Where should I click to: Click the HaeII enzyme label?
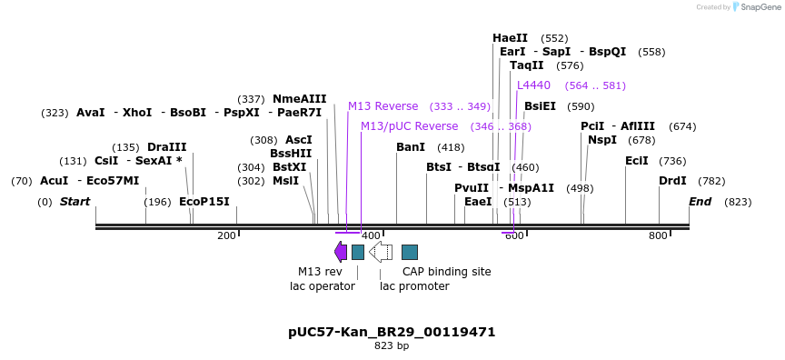tap(510, 38)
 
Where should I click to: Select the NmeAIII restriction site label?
tap(299, 99)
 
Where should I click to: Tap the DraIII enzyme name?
tap(166, 147)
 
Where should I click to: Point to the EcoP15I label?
tap(204, 202)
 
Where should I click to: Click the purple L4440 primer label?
tap(533, 85)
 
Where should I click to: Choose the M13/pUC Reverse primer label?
tap(409, 126)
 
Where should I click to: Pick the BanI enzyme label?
tap(411, 147)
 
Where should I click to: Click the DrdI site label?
tap(672, 181)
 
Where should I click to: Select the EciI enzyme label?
tap(637, 161)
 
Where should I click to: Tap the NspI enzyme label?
tap(601, 140)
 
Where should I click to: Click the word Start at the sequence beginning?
tap(75, 202)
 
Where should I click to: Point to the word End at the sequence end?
tap(700, 202)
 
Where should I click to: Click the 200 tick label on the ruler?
tap(226, 236)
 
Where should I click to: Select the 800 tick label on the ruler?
tap(658, 236)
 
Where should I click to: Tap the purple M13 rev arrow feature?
tap(340, 252)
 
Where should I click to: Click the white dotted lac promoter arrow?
tap(381, 252)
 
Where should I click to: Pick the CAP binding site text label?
tap(446, 271)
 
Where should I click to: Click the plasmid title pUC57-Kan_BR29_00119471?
tap(392, 333)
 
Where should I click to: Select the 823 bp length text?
tap(392, 346)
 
